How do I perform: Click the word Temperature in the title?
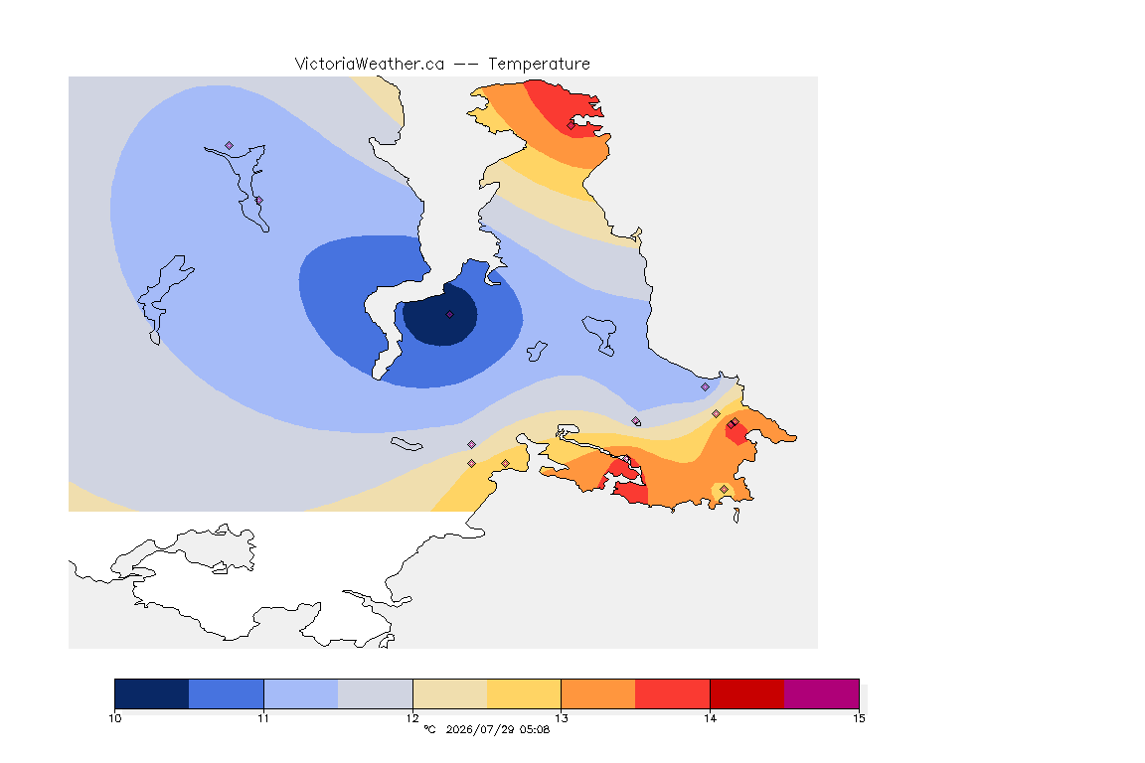(x=539, y=65)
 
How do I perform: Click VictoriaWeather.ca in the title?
(x=370, y=65)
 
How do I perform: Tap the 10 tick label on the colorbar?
(x=114, y=718)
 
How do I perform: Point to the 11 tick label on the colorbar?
(x=263, y=718)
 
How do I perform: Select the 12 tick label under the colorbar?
(x=412, y=718)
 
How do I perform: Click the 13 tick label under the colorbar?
(x=561, y=718)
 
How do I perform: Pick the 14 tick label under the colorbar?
(x=710, y=718)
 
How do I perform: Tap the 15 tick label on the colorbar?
(x=859, y=718)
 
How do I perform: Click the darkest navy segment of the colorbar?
(x=152, y=693)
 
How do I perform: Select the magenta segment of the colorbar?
(x=822, y=693)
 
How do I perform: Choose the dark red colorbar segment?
(x=747, y=693)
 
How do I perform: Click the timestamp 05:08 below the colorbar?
(x=535, y=729)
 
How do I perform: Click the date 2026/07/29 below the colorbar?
(x=480, y=729)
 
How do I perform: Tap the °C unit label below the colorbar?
(x=429, y=729)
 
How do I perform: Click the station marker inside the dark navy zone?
(x=450, y=315)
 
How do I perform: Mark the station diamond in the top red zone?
(x=572, y=125)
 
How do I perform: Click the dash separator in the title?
(x=466, y=65)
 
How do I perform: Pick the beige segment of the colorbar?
(x=450, y=693)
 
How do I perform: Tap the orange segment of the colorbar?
(x=598, y=693)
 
